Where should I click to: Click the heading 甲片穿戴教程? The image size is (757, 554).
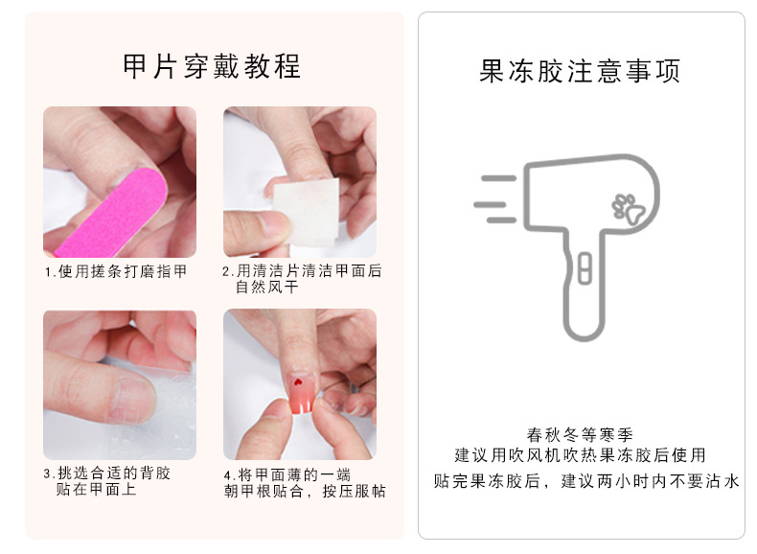(x=212, y=66)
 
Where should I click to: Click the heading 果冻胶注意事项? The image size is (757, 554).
(x=580, y=71)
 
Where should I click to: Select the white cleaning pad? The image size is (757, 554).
(x=306, y=212)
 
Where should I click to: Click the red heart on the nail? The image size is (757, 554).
(x=297, y=382)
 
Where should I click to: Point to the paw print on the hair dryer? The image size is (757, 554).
(x=628, y=209)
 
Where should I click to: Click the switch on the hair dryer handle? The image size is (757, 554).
(x=585, y=268)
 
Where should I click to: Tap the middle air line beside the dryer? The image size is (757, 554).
(x=490, y=205)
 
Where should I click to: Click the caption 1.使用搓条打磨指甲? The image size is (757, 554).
(x=116, y=271)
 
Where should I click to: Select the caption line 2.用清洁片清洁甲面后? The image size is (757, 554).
(x=302, y=271)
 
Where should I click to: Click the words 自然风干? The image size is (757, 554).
(x=267, y=287)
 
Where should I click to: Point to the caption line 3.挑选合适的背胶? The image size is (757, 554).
(x=107, y=473)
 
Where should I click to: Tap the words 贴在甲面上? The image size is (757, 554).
(x=96, y=489)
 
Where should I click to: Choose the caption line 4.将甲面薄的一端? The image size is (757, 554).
(x=287, y=474)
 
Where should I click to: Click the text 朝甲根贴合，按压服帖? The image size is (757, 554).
(x=305, y=491)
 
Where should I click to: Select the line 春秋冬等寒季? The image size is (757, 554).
(x=580, y=435)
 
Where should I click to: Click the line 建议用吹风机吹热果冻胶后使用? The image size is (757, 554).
(x=580, y=455)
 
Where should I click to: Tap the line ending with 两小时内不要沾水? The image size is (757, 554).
(x=586, y=481)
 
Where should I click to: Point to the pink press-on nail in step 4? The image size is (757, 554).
(x=302, y=393)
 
